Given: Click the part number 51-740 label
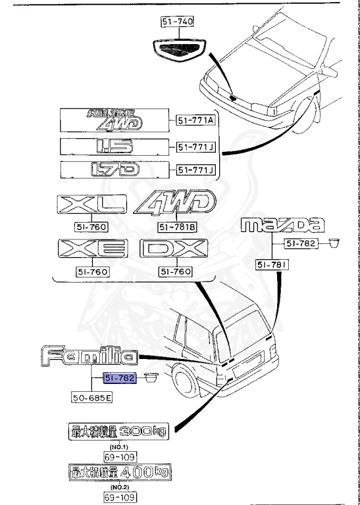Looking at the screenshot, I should pos(176,22).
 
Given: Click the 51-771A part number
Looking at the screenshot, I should pos(195,120).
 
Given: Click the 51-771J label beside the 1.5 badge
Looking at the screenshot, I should pos(195,147).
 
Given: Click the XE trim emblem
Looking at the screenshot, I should pos(91,250).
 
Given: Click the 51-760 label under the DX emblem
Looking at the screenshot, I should pos(176,272).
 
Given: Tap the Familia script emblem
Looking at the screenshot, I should pos(90,357).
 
